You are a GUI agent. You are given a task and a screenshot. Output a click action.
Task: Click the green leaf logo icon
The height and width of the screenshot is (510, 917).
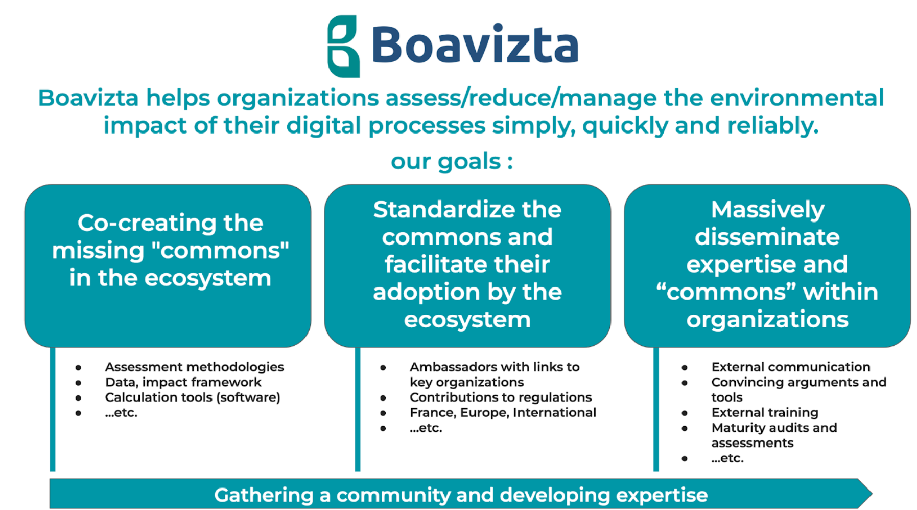pos(343,46)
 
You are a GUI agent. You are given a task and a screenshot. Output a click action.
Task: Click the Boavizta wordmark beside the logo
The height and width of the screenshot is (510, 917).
pos(475,45)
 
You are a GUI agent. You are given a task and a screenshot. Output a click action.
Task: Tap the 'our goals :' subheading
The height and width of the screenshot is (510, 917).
pos(452,162)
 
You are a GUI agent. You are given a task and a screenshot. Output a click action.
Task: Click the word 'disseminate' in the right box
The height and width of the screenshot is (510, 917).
pos(767,237)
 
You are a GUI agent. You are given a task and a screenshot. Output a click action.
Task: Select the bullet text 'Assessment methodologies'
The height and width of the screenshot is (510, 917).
pos(194,367)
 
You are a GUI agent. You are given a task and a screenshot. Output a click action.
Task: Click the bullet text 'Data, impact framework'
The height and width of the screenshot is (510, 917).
pos(183,382)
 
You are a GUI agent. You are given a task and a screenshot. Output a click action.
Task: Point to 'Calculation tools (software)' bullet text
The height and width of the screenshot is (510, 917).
pos(193,397)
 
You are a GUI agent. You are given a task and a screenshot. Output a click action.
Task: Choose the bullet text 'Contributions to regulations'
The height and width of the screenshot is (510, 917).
pos(501,397)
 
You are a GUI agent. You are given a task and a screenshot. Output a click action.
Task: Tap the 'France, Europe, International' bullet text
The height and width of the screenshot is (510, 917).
pos(503,413)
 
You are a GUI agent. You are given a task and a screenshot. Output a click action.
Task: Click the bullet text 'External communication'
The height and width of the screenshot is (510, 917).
pos(791,367)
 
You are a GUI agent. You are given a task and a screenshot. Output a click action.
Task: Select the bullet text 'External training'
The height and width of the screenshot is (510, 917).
pos(765,412)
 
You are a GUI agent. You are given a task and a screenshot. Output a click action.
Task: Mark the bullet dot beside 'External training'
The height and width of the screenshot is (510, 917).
pos(685,413)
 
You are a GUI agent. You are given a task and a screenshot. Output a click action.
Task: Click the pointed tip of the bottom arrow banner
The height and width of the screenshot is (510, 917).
pos(872,494)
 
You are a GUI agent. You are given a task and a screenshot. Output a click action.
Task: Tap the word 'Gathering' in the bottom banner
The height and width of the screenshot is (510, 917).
pos(264,495)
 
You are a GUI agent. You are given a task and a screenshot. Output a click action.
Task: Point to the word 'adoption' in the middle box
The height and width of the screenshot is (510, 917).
pos(427,293)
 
